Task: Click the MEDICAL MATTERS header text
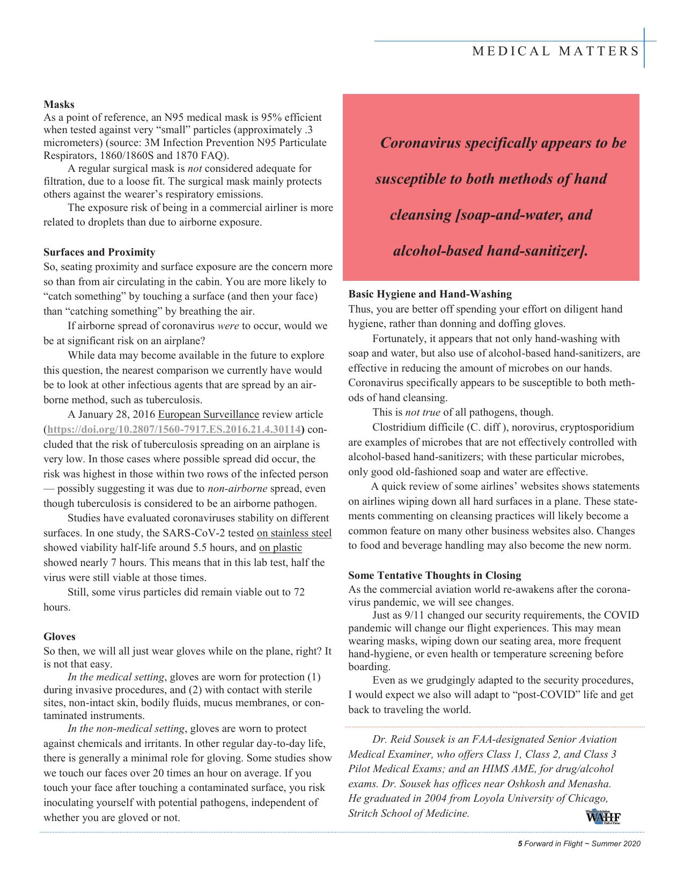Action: click(556, 52)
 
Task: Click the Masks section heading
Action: click(58, 104)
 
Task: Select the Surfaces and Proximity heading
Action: click(99, 252)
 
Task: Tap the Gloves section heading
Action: click(59, 637)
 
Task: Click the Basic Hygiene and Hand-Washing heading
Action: click(430, 294)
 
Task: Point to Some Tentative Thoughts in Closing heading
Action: click(435, 576)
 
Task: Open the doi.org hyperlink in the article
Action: click(174, 430)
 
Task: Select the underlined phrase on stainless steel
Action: click(294, 533)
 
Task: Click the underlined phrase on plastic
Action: click(280, 548)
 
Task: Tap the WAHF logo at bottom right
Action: click(602, 817)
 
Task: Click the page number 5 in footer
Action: click(519, 844)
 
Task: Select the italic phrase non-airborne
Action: click(237, 489)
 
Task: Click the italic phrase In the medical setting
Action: click(116, 677)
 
